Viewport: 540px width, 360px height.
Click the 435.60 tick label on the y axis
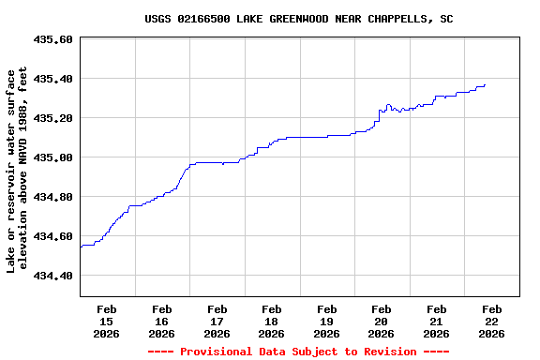pyautogui.click(x=52, y=39)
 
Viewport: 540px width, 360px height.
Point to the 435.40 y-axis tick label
pyautogui.click(x=52, y=79)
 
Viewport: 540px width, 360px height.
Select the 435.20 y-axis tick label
pyautogui.click(x=52, y=118)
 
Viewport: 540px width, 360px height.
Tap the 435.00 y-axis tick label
pyautogui.click(x=52, y=157)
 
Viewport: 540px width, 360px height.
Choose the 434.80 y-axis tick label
pyautogui.click(x=52, y=197)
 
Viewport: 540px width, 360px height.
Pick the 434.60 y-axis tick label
pyautogui.click(x=52, y=236)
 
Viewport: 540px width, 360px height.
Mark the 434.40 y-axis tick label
pyautogui.click(x=52, y=276)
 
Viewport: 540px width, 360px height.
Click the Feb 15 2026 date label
pyautogui.click(x=107, y=321)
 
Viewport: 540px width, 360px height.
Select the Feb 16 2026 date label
pyautogui.click(x=161, y=321)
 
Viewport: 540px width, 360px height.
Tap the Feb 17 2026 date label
pyautogui.click(x=217, y=321)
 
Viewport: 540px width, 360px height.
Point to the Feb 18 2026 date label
pyautogui.click(x=272, y=321)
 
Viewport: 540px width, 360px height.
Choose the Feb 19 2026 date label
pyautogui.click(x=326, y=321)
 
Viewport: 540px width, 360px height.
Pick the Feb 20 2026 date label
pyautogui.click(x=382, y=321)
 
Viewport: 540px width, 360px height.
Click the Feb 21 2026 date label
pyautogui.click(x=436, y=321)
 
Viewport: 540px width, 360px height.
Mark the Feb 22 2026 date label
pyautogui.click(x=491, y=321)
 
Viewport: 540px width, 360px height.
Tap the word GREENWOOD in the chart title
pyautogui.click(x=302, y=19)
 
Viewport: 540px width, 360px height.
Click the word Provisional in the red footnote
pyautogui.click(x=216, y=352)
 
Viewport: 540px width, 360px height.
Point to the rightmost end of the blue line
pyautogui.click(x=485, y=84)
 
